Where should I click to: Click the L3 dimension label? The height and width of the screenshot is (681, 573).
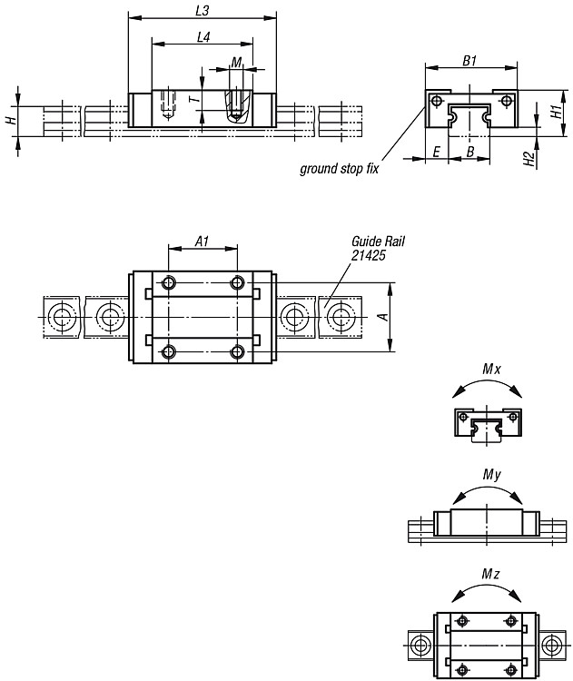click(202, 10)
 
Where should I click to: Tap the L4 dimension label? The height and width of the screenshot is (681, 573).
click(203, 37)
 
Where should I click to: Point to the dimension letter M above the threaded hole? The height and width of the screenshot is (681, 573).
click(236, 63)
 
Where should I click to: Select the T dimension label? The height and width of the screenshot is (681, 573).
click(196, 100)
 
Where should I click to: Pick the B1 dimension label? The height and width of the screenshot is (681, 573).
click(469, 61)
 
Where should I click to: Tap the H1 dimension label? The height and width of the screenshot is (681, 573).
click(556, 112)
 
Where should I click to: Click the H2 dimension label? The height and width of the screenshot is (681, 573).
click(529, 159)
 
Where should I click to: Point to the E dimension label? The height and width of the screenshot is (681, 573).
click(437, 152)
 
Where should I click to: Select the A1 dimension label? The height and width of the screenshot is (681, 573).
click(202, 242)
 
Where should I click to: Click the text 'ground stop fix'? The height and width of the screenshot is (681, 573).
click(339, 169)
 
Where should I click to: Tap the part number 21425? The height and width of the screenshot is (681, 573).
click(368, 255)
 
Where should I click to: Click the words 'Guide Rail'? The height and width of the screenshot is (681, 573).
click(378, 242)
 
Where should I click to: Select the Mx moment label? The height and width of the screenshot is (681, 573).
click(491, 370)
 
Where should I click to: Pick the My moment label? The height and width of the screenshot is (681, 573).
click(491, 475)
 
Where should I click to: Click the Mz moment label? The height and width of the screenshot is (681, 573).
click(490, 574)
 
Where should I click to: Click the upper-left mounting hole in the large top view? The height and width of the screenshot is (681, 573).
click(168, 283)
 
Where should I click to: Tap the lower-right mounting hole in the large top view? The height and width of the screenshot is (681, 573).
click(237, 351)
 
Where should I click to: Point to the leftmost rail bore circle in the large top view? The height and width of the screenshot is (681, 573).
click(61, 317)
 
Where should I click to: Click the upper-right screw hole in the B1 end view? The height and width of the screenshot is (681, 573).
click(506, 101)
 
